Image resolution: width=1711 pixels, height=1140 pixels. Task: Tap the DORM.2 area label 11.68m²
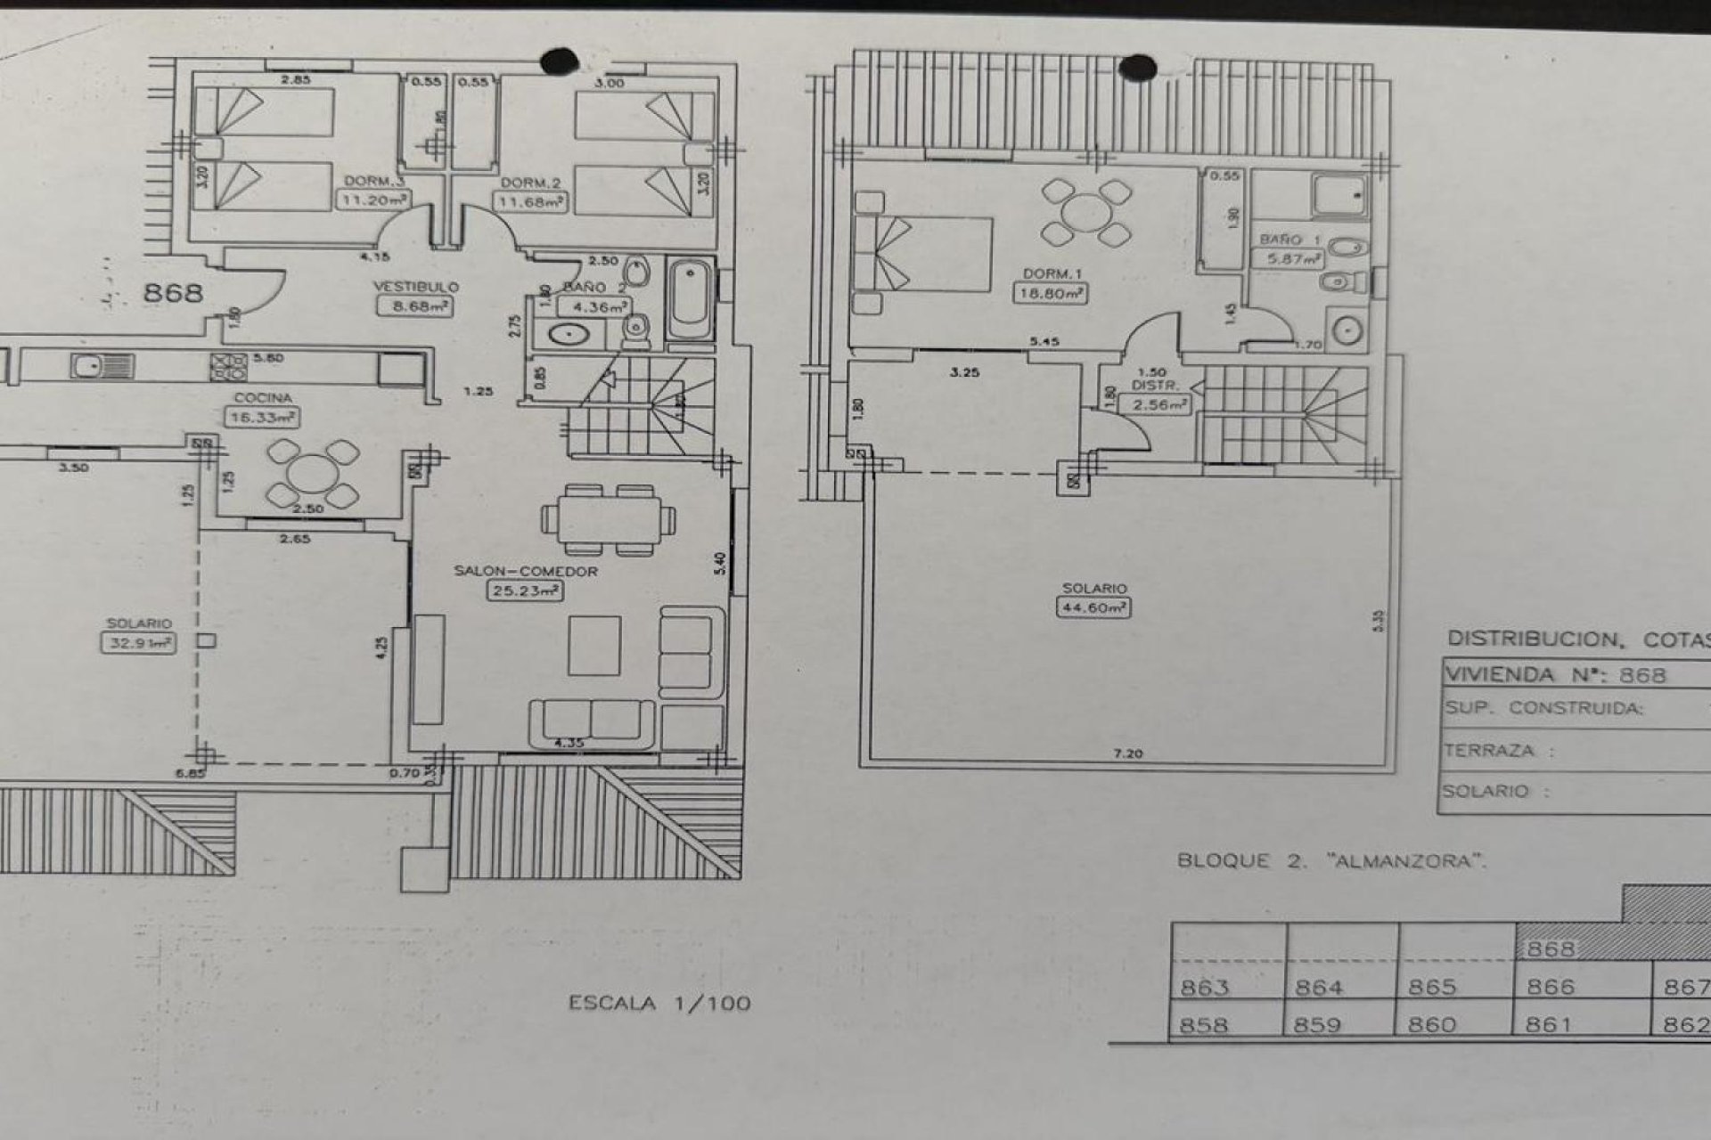(530, 202)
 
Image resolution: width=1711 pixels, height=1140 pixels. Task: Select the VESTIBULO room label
(415, 287)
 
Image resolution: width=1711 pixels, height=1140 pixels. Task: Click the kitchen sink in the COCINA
(90, 366)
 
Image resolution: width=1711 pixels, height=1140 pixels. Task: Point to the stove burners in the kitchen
(228, 366)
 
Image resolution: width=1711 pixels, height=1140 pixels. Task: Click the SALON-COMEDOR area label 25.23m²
(525, 590)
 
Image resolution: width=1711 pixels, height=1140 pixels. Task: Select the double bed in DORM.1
(922, 254)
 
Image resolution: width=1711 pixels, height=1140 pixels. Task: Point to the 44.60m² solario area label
(1093, 608)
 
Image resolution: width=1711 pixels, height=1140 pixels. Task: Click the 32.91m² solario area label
(137, 643)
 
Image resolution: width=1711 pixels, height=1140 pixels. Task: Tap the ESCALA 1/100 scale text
(659, 1003)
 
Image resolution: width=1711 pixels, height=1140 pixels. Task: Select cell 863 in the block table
(1205, 987)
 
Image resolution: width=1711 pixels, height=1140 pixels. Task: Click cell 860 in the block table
(1431, 1024)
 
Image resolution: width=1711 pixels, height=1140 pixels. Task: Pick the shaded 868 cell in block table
(1551, 949)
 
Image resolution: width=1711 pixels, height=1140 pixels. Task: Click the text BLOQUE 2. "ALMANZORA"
(1331, 860)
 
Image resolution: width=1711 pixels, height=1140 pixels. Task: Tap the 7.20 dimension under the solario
(1127, 753)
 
